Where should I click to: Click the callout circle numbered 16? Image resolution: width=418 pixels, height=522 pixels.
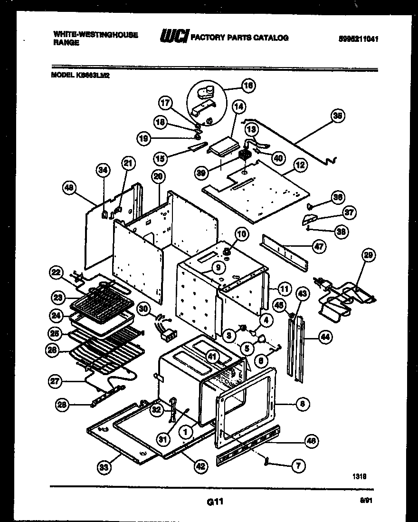pyautogui.click(x=248, y=86)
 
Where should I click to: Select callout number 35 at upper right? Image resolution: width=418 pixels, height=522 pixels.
pyautogui.click(x=338, y=115)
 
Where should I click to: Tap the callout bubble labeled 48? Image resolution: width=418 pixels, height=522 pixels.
pyautogui.click(x=70, y=188)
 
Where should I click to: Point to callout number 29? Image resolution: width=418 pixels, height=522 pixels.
pyautogui.click(x=368, y=256)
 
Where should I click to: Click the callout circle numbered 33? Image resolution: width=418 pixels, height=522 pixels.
pyautogui.click(x=104, y=468)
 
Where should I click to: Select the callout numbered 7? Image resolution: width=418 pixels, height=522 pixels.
pyautogui.click(x=298, y=466)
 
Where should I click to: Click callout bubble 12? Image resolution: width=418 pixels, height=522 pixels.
pyautogui.click(x=300, y=165)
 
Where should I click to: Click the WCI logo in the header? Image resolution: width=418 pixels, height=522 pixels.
pyautogui.click(x=174, y=37)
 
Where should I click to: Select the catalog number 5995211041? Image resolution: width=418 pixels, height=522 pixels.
pyautogui.click(x=359, y=39)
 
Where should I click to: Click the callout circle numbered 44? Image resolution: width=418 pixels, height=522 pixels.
pyautogui.click(x=325, y=337)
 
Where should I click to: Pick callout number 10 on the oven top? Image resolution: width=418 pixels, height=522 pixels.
pyautogui.click(x=241, y=234)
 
